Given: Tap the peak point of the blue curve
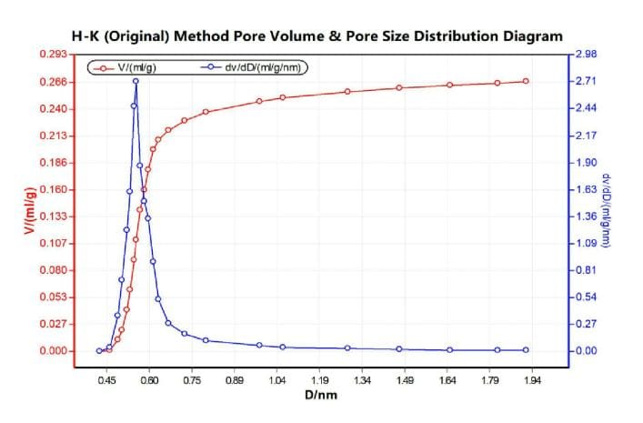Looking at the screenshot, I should tap(136, 81).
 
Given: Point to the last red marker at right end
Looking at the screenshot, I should tap(526, 81).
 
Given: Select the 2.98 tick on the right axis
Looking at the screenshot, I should tap(586, 55).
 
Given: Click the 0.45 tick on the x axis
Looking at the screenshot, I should tap(106, 381).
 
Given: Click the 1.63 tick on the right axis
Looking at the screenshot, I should tap(586, 190).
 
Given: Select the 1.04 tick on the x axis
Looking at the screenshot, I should tap(276, 381).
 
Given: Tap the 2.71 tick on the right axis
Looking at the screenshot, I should tap(586, 82).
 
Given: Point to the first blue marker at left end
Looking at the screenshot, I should tap(99, 351).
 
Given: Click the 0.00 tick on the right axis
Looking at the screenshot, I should tap(586, 351).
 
